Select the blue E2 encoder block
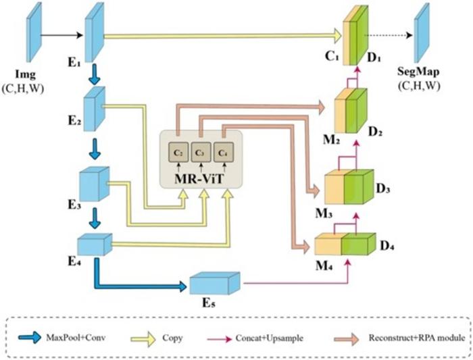(x=93, y=111)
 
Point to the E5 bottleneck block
(x=215, y=283)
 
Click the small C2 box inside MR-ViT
(x=178, y=152)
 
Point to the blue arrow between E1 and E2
(x=95, y=74)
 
